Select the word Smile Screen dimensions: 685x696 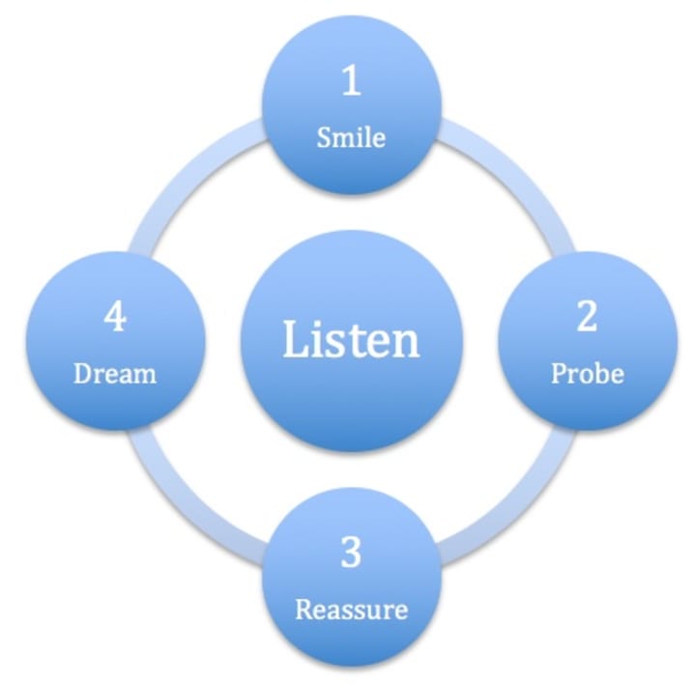[x=351, y=137]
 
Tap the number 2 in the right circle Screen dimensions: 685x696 [x=587, y=317]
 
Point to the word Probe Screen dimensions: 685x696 [x=587, y=373]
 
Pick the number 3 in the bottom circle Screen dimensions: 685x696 [x=351, y=554]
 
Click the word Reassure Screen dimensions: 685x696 [x=351, y=610]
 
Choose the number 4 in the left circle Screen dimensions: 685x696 [x=115, y=317]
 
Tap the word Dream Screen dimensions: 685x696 [x=115, y=373]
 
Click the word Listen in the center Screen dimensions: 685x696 [x=351, y=340]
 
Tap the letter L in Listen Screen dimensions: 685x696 [x=293, y=340]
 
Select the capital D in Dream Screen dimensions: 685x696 [x=82, y=373]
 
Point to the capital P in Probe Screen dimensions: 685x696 [x=559, y=373]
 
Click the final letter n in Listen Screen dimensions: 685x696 [x=408, y=344]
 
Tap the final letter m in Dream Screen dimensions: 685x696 [x=146, y=375]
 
